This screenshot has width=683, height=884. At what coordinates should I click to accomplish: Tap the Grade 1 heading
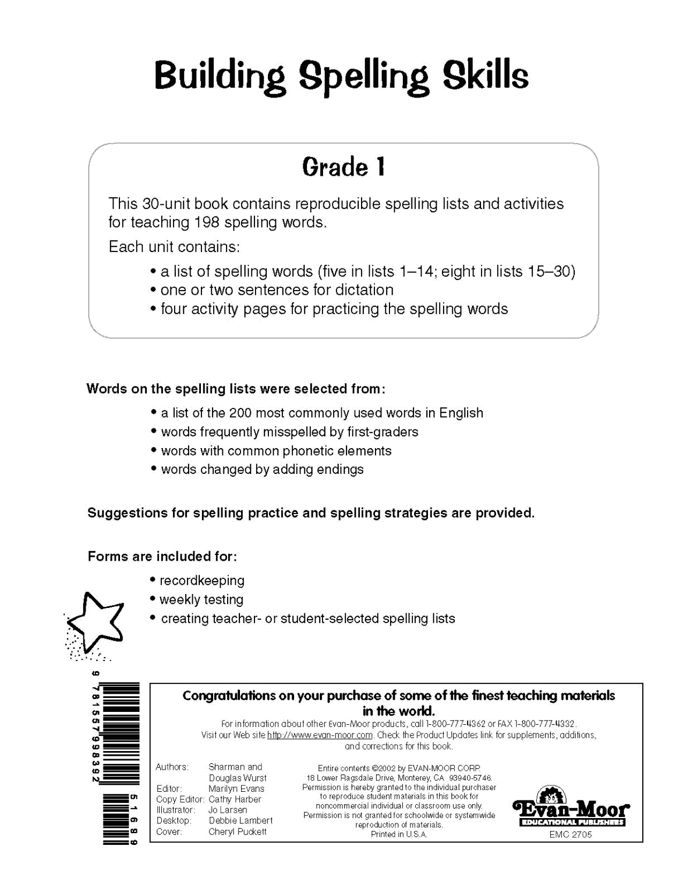tap(343, 167)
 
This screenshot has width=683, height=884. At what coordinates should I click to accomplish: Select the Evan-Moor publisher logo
tap(571, 808)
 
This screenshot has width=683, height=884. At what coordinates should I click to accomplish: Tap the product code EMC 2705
tap(571, 835)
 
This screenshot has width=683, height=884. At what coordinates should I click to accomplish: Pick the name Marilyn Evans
tap(236, 789)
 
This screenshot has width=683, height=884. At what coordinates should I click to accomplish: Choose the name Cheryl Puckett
tap(237, 831)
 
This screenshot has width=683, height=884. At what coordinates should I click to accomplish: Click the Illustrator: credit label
tap(175, 810)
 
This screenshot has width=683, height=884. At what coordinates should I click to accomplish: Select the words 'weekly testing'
tap(201, 599)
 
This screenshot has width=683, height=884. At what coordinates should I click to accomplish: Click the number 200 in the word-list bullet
tap(241, 413)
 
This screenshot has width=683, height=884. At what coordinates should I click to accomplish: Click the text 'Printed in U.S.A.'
tap(399, 835)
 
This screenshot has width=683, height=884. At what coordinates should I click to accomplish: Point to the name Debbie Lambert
tap(241, 821)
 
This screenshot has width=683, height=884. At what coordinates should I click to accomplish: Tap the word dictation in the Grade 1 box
tap(364, 290)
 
